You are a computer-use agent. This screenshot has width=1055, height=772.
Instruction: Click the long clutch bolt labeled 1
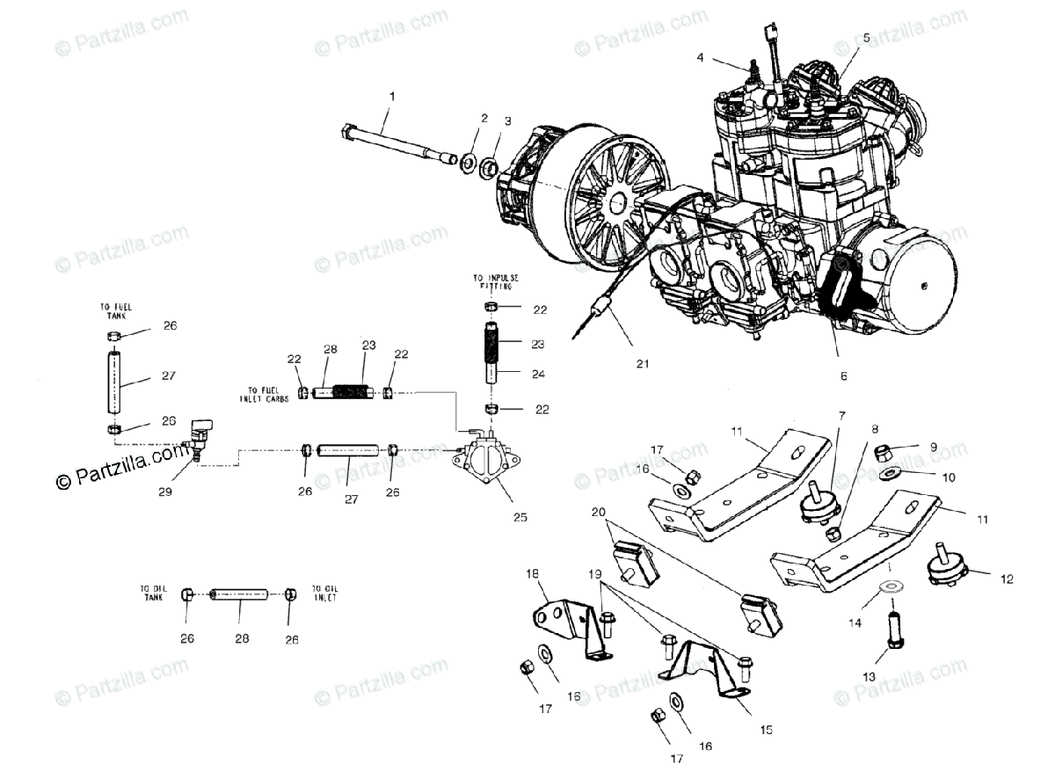click(396, 144)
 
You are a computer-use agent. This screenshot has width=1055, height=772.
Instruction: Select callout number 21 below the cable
click(643, 362)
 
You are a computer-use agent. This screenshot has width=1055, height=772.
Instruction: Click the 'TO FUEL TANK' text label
click(115, 311)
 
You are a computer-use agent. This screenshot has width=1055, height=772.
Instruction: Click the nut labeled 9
click(885, 452)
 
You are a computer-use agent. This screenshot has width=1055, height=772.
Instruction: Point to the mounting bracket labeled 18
click(557, 616)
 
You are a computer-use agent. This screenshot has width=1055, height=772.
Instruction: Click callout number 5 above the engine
click(866, 38)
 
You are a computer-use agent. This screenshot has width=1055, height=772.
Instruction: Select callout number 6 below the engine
click(843, 375)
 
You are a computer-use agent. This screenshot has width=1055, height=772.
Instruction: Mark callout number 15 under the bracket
click(767, 729)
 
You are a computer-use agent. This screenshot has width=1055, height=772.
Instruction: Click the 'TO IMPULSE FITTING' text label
click(495, 282)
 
